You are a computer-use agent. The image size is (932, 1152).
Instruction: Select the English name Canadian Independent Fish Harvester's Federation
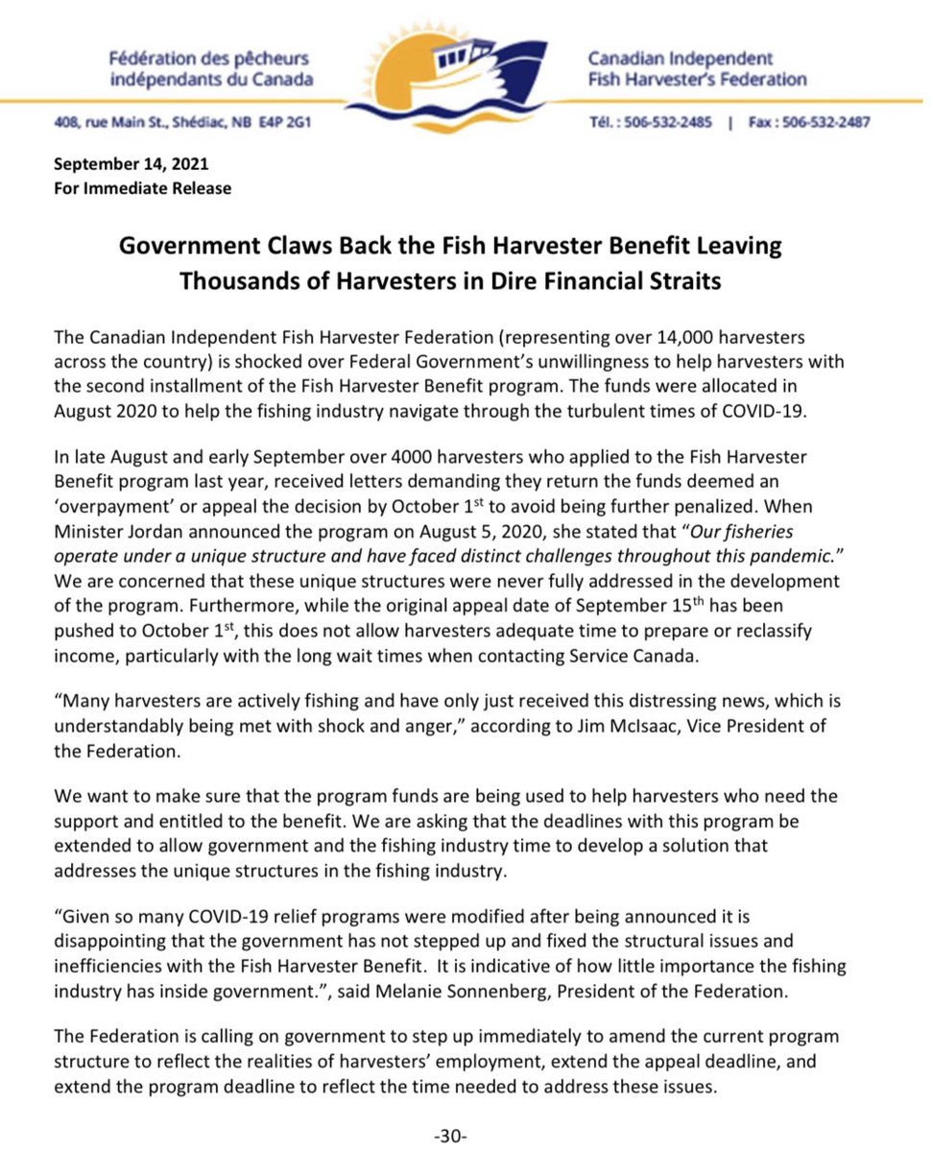tap(697, 68)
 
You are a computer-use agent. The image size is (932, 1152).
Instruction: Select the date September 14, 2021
tap(131, 164)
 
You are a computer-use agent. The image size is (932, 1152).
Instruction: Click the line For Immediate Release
tap(142, 188)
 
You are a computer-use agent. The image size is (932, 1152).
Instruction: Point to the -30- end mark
tap(449, 1136)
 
